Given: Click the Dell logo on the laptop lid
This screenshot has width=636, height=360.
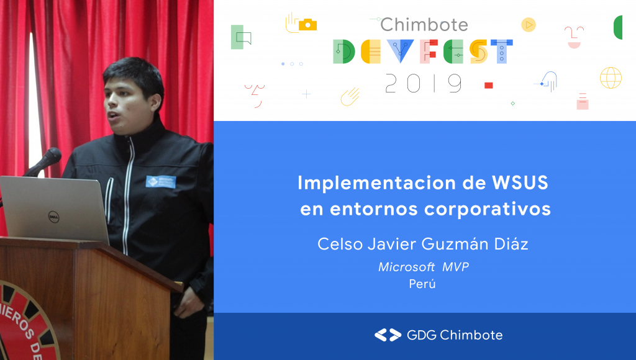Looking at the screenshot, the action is [x=53, y=217].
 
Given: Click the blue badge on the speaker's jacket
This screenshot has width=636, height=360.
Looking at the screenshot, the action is [x=161, y=182].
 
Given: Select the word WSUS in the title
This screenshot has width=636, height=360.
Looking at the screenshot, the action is [x=520, y=183].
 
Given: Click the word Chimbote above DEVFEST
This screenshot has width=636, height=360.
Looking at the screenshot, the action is [x=424, y=25].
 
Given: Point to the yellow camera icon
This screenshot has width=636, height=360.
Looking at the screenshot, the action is [x=307, y=25].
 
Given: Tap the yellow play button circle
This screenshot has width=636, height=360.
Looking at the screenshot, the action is [x=529, y=25].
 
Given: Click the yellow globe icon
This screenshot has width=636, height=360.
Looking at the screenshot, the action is [x=611, y=78].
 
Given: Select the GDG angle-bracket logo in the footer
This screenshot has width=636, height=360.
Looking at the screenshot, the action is [x=388, y=335].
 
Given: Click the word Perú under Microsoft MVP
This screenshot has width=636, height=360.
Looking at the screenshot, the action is [x=422, y=284].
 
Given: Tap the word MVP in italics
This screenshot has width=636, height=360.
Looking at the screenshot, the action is [x=455, y=267].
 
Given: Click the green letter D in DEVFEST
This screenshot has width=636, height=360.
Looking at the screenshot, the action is [x=343, y=52].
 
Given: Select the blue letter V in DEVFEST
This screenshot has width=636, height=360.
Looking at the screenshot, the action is [x=400, y=51].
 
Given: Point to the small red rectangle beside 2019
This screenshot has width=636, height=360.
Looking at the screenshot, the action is [x=489, y=85].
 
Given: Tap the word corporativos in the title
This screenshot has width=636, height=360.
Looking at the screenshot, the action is [x=488, y=210].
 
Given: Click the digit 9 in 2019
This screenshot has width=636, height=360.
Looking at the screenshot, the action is [x=455, y=83].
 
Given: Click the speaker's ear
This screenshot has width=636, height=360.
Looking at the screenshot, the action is [x=155, y=104].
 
